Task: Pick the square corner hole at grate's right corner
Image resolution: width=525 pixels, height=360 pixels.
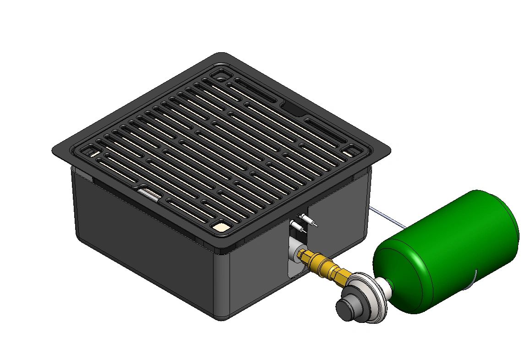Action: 352,150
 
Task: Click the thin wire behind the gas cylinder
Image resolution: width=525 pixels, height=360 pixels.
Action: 387,217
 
